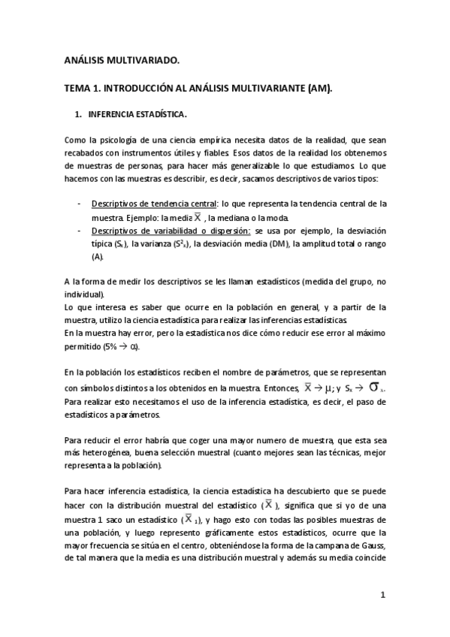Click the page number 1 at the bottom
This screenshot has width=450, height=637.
382,596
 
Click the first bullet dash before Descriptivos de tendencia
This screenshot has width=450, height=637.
80,204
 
